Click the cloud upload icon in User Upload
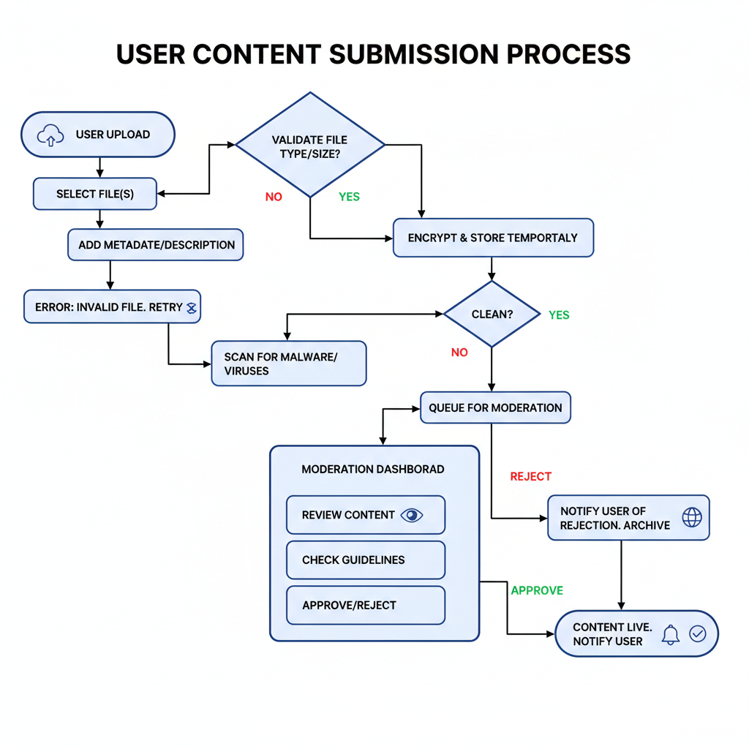point(50,135)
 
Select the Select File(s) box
point(95,194)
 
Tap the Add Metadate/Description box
point(155,245)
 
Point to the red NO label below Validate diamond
point(274,197)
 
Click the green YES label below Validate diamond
point(349,197)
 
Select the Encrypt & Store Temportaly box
point(493,238)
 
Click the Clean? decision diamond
point(491,315)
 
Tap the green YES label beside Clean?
point(559,315)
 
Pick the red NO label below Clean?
point(459,353)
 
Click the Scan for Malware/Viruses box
point(288,364)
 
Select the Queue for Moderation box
point(495,408)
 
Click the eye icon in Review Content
point(413,515)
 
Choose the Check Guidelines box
point(365,560)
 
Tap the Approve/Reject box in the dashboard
point(365,605)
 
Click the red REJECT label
point(530,476)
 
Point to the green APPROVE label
point(537,590)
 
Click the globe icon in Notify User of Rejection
point(691,517)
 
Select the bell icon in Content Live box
point(670,634)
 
